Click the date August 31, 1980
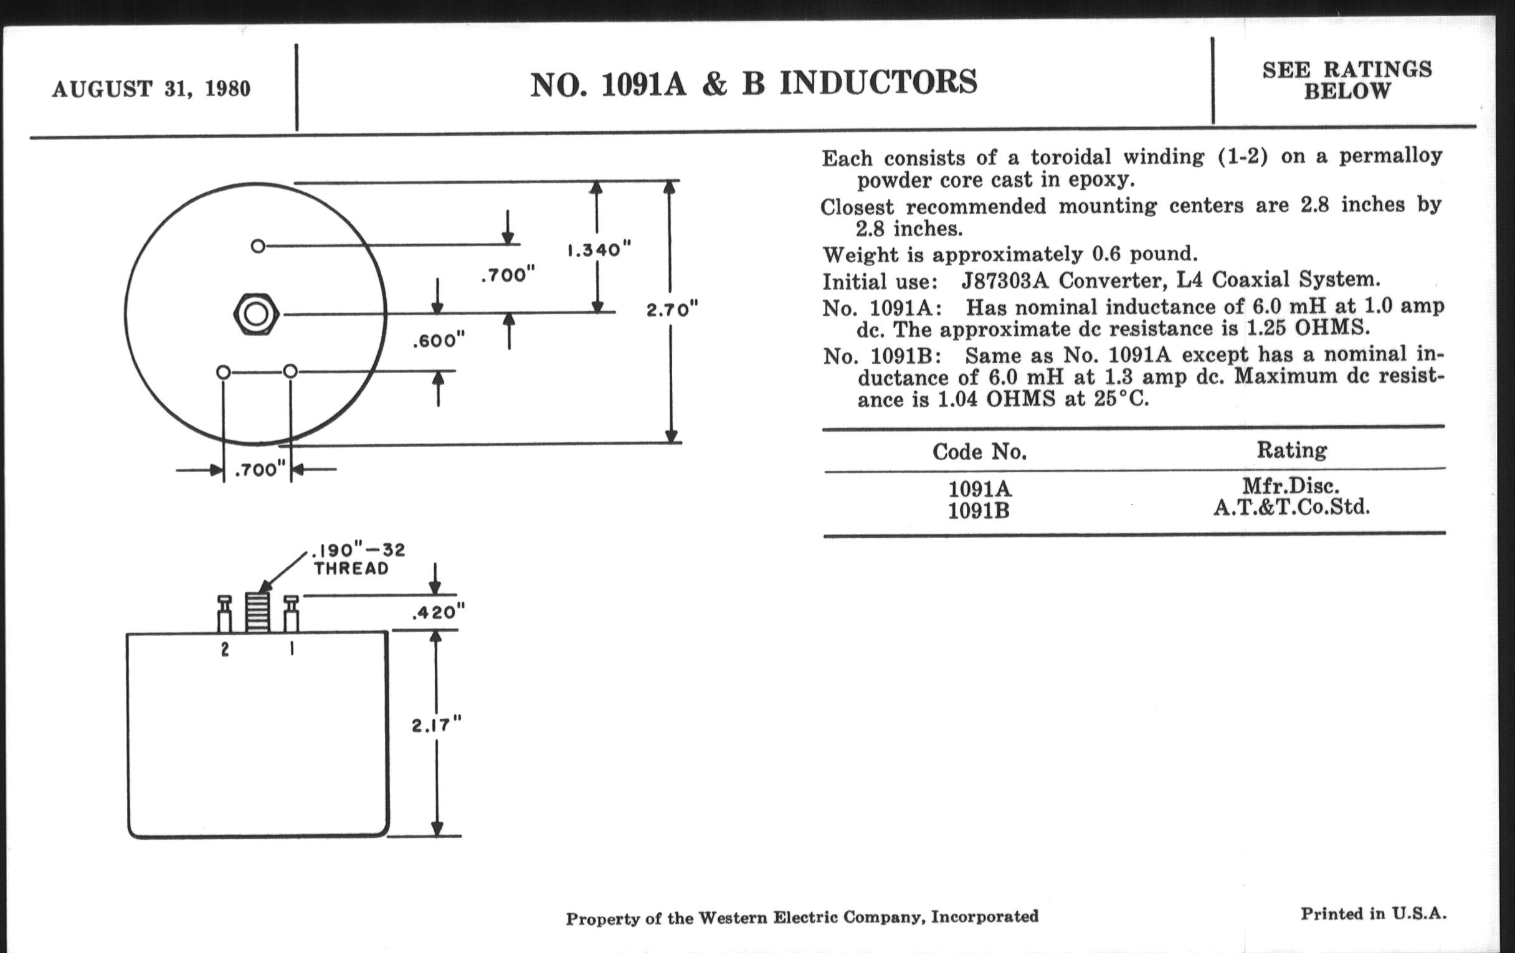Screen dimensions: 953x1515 point(151,88)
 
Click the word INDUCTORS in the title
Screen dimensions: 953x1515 point(878,83)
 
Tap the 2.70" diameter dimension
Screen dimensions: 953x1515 point(672,310)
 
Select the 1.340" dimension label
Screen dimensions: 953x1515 point(598,250)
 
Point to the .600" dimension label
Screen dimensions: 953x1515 point(439,341)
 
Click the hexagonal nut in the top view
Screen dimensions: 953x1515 point(255,313)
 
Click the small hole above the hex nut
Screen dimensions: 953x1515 point(257,246)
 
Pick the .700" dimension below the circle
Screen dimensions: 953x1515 point(260,470)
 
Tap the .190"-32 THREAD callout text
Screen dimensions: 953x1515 point(359,559)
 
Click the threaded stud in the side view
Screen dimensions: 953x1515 point(257,612)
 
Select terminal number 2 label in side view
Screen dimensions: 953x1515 point(225,650)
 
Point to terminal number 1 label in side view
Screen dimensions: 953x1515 point(292,648)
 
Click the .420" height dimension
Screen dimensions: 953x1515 point(438,612)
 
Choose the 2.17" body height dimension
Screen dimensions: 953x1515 point(436,725)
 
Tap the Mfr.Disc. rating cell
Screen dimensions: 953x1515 point(1291,486)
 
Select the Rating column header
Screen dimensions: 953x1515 point(1291,450)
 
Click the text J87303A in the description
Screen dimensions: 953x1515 point(1005,280)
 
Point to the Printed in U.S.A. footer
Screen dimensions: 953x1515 point(1374,914)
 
